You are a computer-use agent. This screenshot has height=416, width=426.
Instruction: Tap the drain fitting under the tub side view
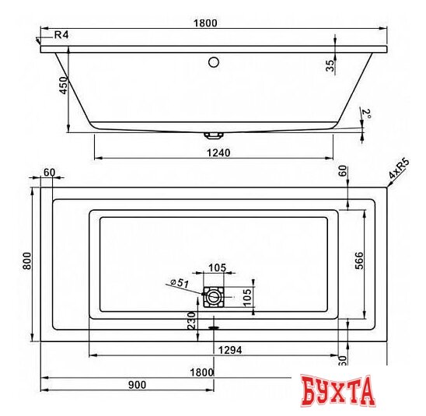pos(213,134)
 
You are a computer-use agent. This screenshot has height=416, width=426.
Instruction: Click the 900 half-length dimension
pos(137,385)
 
